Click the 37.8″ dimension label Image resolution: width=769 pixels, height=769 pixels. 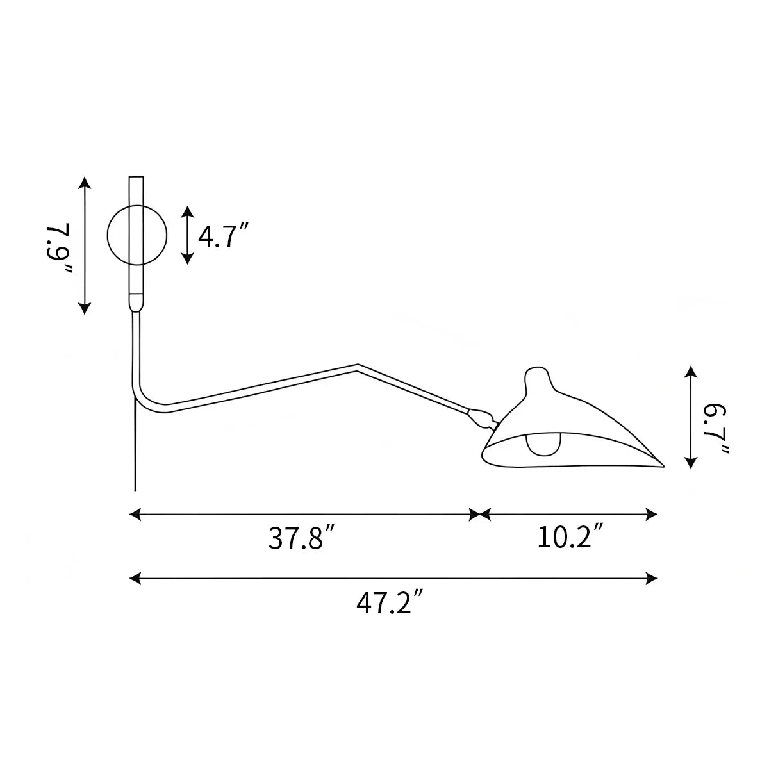[301, 538]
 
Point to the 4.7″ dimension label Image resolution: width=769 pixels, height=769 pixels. [224, 236]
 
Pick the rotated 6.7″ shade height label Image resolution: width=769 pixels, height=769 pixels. [716, 429]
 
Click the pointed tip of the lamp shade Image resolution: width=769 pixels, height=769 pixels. [663, 466]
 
